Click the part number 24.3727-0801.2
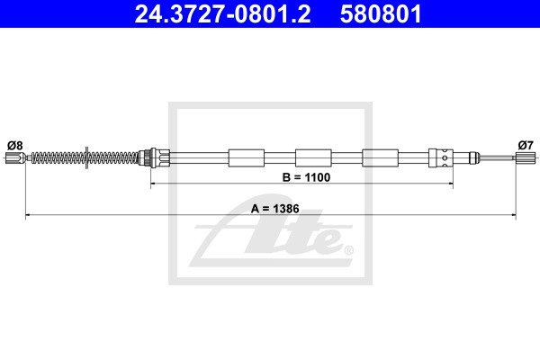click(222, 13)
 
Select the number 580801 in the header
click(381, 13)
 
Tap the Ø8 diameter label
click(14, 146)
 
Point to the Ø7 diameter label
click(526, 146)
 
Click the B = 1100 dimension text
click(306, 177)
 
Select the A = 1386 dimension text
click(274, 209)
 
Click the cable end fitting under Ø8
click(15, 158)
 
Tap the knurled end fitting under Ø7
click(521, 158)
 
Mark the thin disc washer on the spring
click(86, 157)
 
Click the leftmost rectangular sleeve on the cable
click(247, 158)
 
